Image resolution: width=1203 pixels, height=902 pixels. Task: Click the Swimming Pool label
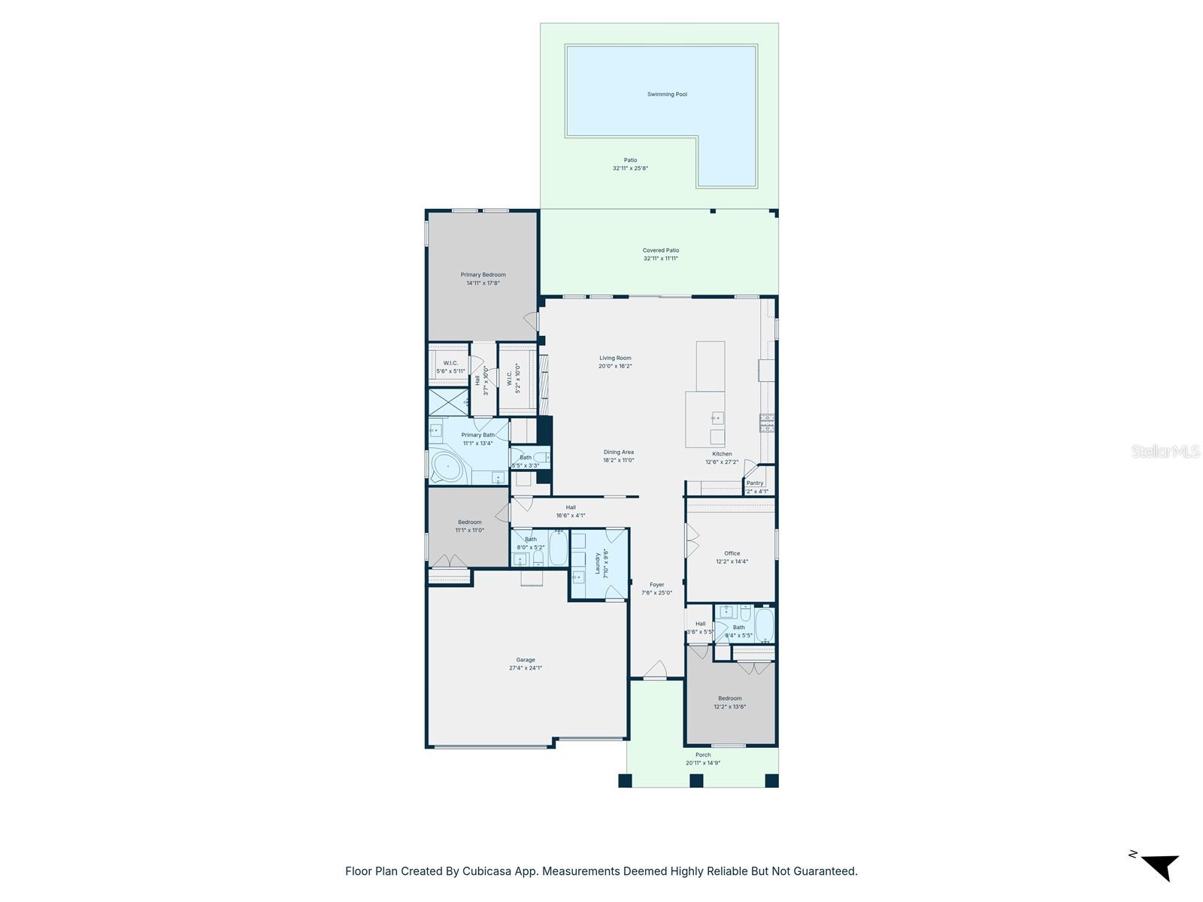pyautogui.click(x=667, y=95)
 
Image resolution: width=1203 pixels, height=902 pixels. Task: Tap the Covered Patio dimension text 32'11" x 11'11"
pyautogui.click(x=660, y=259)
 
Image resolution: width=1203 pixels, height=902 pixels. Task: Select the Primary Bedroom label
pyautogui.click(x=483, y=275)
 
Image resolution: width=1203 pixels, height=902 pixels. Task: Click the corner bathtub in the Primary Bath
pyautogui.click(x=448, y=467)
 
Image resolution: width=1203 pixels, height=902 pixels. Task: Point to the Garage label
pyautogui.click(x=525, y=660)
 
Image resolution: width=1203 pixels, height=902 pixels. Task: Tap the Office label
pyautogui.click(x=732, y=553)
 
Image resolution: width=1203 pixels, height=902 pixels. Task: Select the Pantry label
pyautogui.click(x=755, y=483)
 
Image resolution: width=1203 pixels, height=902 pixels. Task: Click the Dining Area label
pyautogui.click(x=618, y=453)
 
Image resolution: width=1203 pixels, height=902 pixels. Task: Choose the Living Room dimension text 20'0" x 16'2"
pyautogui.click(x=615, y=366)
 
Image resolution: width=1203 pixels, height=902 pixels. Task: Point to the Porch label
pyautogui.click(x=702, y=755)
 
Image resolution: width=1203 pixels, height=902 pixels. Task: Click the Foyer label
pyautogui.click(x=656, y=585)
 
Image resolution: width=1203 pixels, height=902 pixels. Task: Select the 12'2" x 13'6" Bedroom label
pyautogui.click(x=729, y=698)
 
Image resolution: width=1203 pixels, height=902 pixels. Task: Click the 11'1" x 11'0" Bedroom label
pyautogui.click(x=469, y=522)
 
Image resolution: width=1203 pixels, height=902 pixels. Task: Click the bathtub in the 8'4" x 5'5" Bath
pyautogui.click(x=764, y=625)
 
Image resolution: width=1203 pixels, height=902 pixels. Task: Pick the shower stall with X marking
pyautogui.click(x=447, y=402)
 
